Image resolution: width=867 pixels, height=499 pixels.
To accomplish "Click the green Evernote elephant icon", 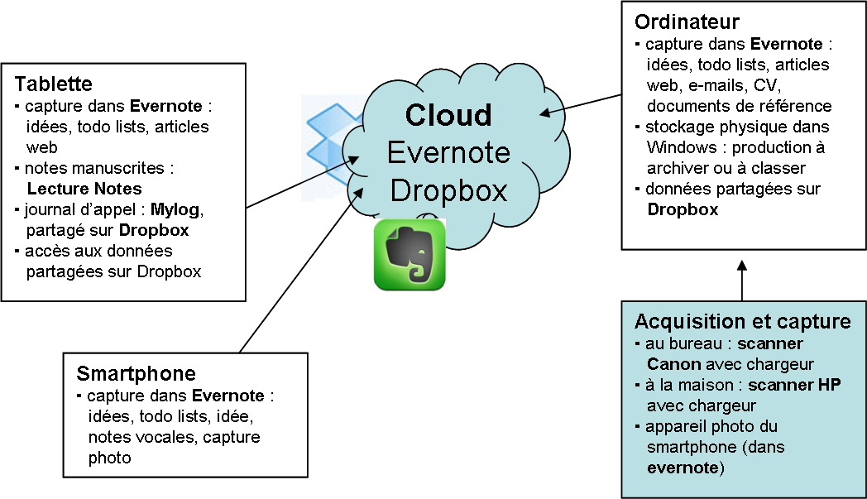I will pos(410,255).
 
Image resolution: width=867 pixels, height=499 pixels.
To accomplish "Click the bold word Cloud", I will pos(448,115).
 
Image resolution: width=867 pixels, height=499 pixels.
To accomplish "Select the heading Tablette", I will pos(53,84).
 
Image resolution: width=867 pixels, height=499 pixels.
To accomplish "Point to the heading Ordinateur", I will pos(687,21).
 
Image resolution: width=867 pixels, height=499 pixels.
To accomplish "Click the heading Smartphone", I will pos(136,372).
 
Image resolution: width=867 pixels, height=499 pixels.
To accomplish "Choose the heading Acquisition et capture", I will pos(742,321).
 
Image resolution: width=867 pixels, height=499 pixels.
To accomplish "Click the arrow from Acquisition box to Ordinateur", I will pos(742,281).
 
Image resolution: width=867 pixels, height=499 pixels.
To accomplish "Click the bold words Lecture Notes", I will pos(84,189).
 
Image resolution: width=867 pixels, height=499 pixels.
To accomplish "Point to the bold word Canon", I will pos(674,364).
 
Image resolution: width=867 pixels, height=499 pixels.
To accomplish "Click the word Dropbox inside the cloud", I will pos(448,190).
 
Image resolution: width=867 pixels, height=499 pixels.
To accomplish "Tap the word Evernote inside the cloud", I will pos(448,153).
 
